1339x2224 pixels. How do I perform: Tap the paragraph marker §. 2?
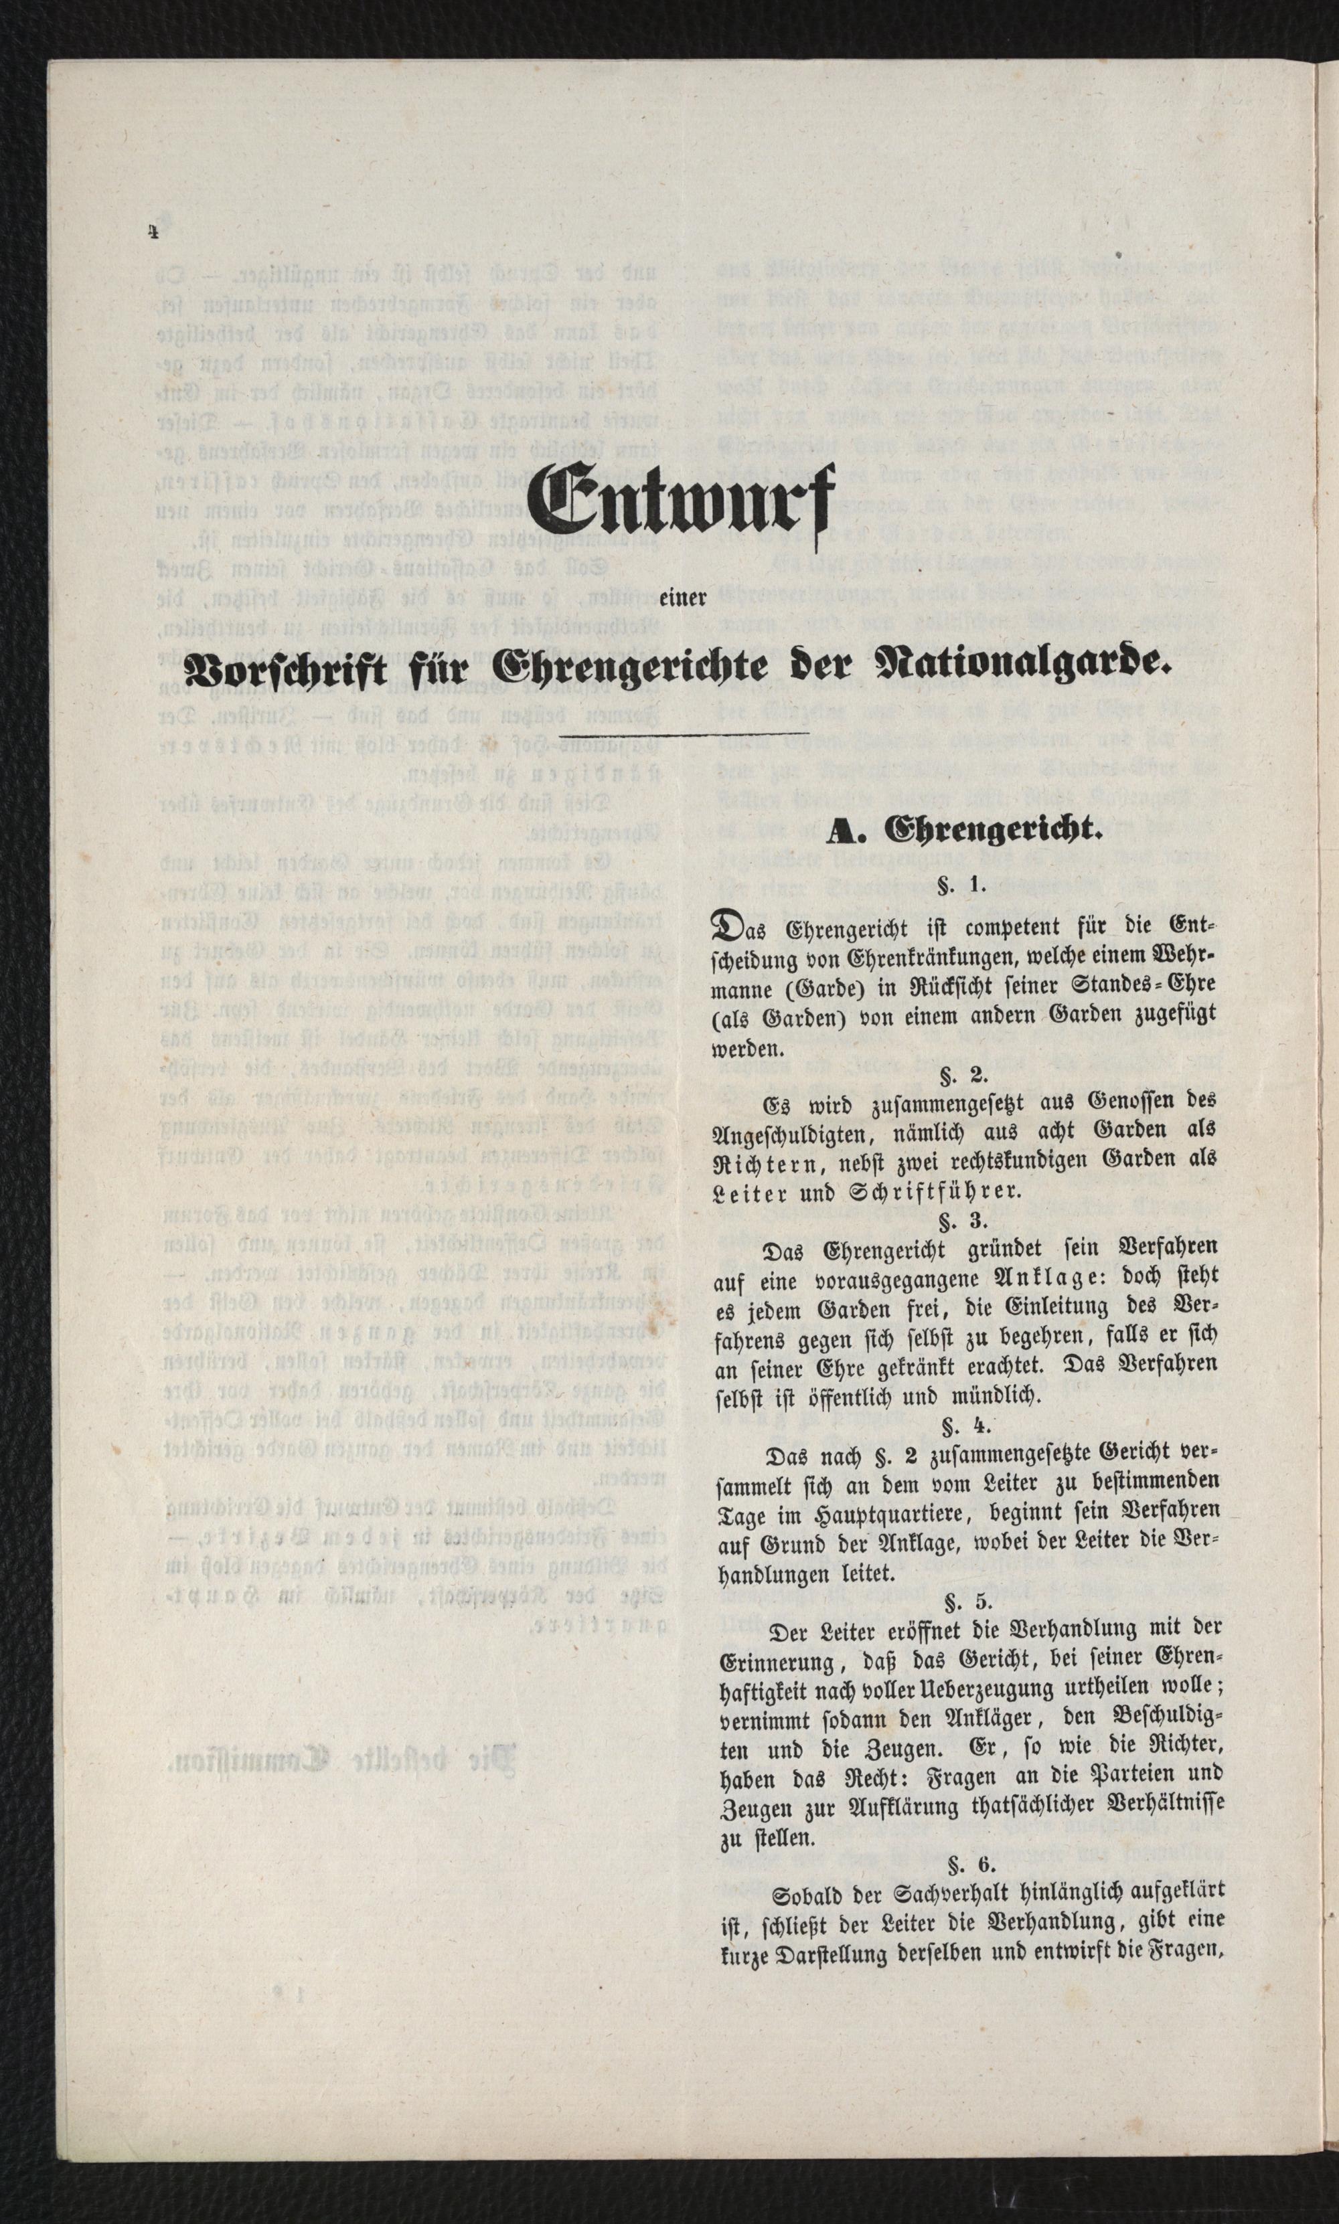(x=965, y=1075)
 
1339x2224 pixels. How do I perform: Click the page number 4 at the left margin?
(x=154, y=231)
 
